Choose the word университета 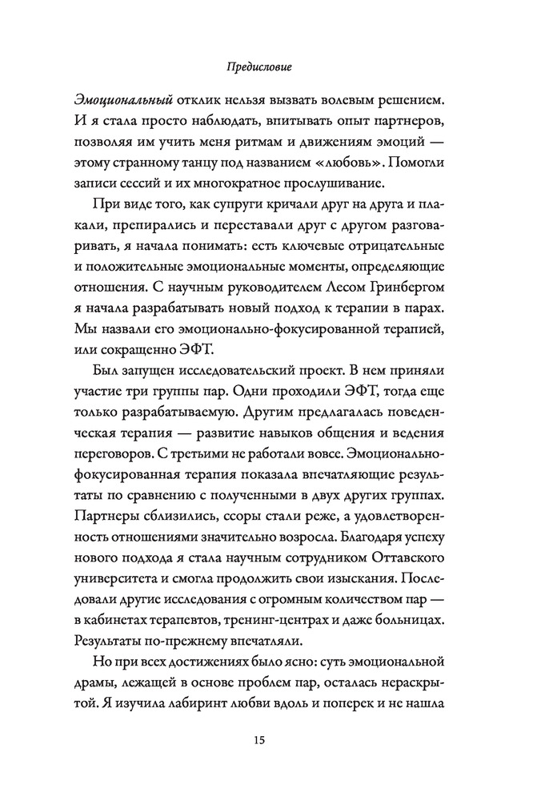[119, 574]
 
